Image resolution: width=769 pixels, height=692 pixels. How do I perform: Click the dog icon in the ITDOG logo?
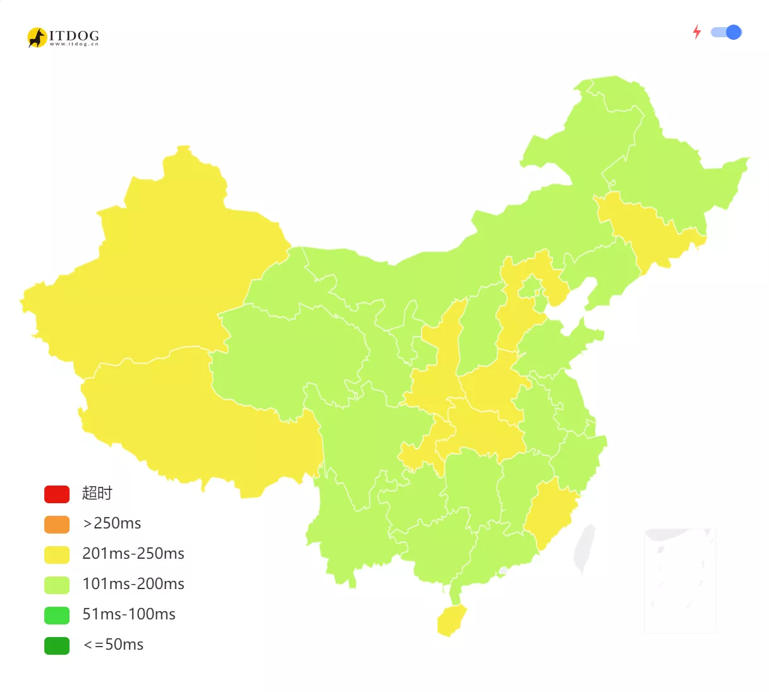[x=37, y=38]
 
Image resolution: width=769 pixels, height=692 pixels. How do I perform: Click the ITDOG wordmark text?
[x=74, y=36]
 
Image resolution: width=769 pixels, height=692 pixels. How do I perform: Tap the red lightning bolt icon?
[x=697, y=32]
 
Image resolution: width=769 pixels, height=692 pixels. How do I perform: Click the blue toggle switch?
[x=726, y=32]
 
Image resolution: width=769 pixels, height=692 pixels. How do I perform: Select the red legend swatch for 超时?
[x=57, y=494]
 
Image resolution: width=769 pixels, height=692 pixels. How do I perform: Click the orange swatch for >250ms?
[x=57, y=524]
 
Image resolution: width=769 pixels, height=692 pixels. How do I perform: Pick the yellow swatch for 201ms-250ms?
[x=57, y=554]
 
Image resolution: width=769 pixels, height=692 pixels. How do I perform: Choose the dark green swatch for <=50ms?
[x=57, y=645]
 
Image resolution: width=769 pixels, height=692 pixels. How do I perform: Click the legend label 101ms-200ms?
[x=133, y=584]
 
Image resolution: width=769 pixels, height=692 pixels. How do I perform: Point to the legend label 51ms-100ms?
[x=129, y=614]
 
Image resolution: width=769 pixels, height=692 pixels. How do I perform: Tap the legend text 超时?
[x=97, y=493]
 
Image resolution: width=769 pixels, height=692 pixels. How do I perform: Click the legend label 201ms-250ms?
[x=133, y=554]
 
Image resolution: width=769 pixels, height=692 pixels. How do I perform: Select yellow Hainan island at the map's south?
[x=451, y=620]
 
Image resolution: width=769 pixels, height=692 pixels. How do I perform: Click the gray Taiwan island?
[x=584, y=548]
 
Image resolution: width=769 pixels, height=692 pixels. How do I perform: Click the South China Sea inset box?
[x=680, y=580]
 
